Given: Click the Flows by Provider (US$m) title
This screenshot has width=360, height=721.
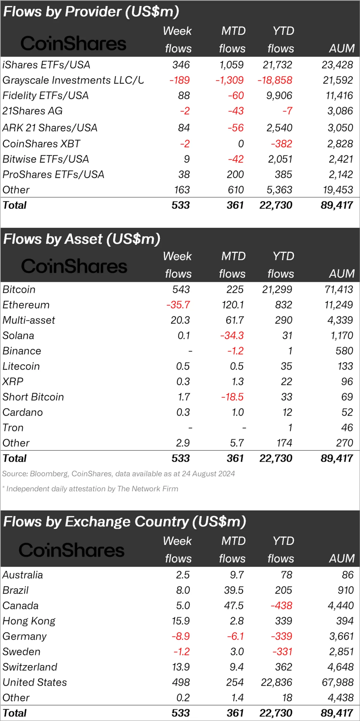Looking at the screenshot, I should pyautogui.click(x=91, y=12).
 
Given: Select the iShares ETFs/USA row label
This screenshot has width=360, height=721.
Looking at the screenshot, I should pyautogui.click(x=46, y=65).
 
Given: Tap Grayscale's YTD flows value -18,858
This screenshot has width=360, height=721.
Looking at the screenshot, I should pyautogui.click(x=275, y=80).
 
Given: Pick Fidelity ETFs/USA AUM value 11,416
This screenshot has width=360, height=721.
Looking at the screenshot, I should pyautogui.click(x=339, y=96).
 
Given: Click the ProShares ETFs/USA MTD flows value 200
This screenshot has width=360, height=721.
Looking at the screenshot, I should pyautogui.click(x=235, y=175).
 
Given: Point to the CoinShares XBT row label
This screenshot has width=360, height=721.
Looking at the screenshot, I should pyautogui.click(x=41, y=144).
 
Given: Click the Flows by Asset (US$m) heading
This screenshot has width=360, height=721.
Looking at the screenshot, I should pyautogui.click(x=82, y=239).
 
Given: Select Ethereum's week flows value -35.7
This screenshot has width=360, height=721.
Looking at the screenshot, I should pyautogui.click(x=178, y=305).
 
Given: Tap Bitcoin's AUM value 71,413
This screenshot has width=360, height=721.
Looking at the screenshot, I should pyautogui.click(x=339, y=290).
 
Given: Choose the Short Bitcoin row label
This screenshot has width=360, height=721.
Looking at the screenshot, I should pyautogui.click(x=33, y=397).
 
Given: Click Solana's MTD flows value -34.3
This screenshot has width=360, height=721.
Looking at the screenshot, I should pyautogui.click(x=232, y=335).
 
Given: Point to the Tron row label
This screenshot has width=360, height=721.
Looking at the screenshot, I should pyautogui.click(x=13, y=428).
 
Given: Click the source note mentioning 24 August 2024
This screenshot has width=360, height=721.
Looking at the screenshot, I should pyautogui.click(x=118, y=474).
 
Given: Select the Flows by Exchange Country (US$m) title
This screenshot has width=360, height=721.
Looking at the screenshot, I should pyautogui.click(x=125, y=522).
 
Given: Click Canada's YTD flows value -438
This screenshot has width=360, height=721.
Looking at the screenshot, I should pyautogui.click(x=281, y=606).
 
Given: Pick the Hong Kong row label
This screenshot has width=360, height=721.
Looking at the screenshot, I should pyautogui.click(x=29, y=621).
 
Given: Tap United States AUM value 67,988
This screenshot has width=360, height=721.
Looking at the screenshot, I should pyautogui.click(x=338, y=682).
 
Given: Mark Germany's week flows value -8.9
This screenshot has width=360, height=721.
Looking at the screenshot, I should pyautogui.click(x=181, y=636).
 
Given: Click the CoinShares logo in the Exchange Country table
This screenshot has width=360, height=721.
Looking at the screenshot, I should pyautogui.click(x=72, y=550).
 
